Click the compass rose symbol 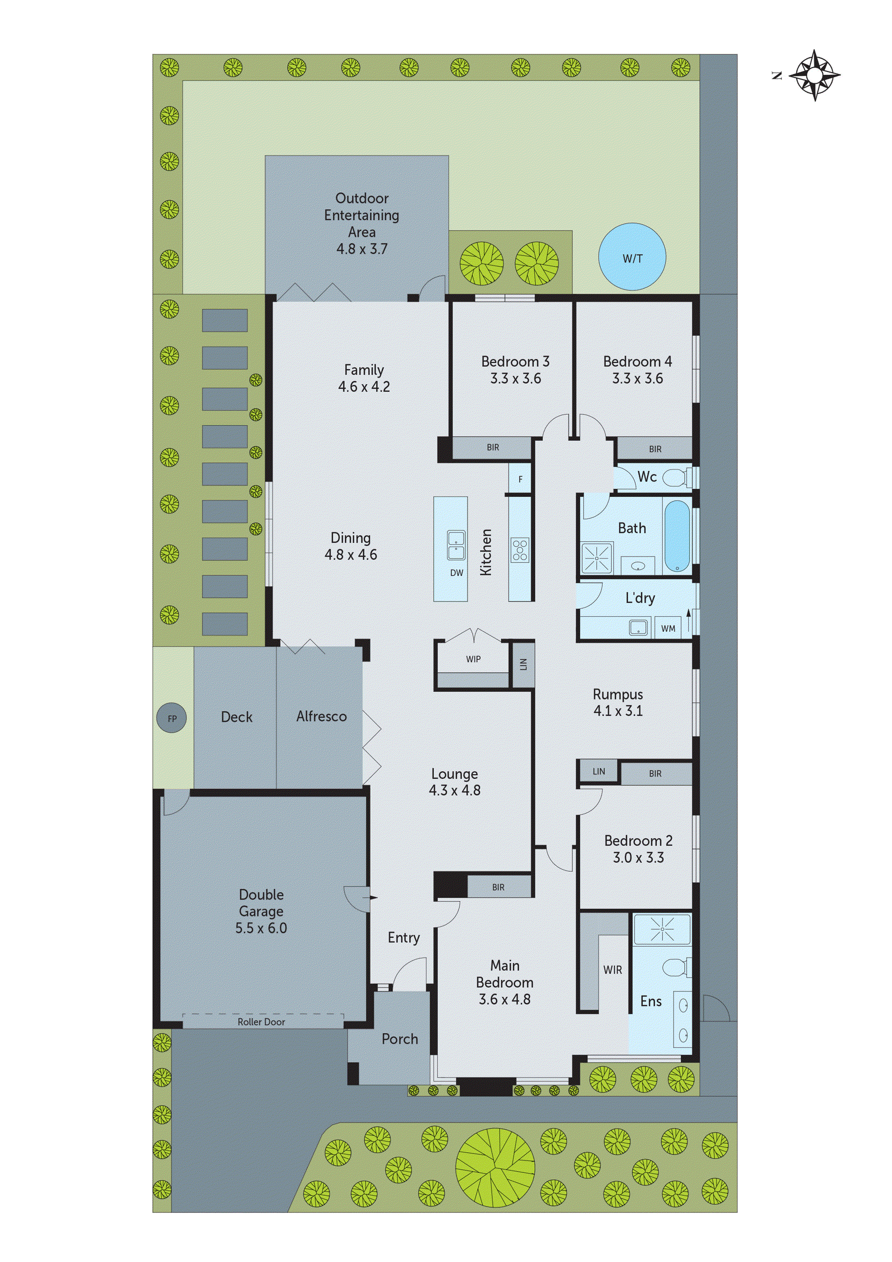tap(815, 75)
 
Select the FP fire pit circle tap(171, 718)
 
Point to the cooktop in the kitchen tap(520, 550)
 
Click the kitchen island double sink tap(455, 545)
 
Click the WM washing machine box tap(668, 628)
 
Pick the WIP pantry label tap(473, 659)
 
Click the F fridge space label tap(520, 479)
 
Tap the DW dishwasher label tap(457, 573)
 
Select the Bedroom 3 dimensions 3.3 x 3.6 tap(515, 378)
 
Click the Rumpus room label tap(618, 694)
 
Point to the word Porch tap(399, 1039)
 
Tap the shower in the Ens tap(662, 929)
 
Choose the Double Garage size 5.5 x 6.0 tap(261, 928)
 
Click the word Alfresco tap(322, 716)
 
